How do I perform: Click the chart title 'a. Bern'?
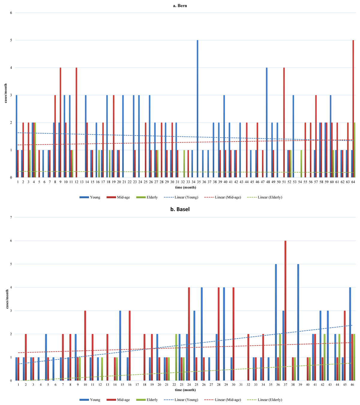(x=180, y=5)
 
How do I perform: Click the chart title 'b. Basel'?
(x=180, y=209)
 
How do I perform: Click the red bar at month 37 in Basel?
(x=285, y=310)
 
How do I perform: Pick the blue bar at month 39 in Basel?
(x=298, y=322)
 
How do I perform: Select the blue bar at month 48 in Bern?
(x=266, y=122)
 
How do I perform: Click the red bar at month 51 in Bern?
(x=284, y=122)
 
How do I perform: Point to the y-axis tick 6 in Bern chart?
(x=11, y=13)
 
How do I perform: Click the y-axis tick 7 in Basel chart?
(x=11, y=217)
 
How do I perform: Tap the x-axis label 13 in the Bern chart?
(x=82, y=182)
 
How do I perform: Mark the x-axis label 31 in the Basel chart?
(x=241, y=384)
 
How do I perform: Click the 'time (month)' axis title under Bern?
(x=185, y=187)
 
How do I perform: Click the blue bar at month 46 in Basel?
(x=350, y=334)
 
